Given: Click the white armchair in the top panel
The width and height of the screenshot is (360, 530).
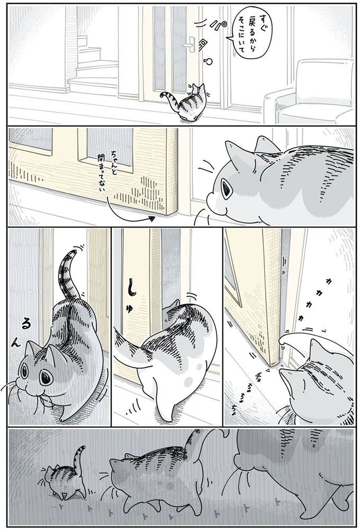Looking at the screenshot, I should [x=310, y=95].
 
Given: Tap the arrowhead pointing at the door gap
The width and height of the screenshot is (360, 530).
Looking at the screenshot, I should [x=152, y=217].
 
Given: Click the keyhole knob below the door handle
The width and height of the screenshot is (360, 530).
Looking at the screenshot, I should [x=208, y=61].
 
